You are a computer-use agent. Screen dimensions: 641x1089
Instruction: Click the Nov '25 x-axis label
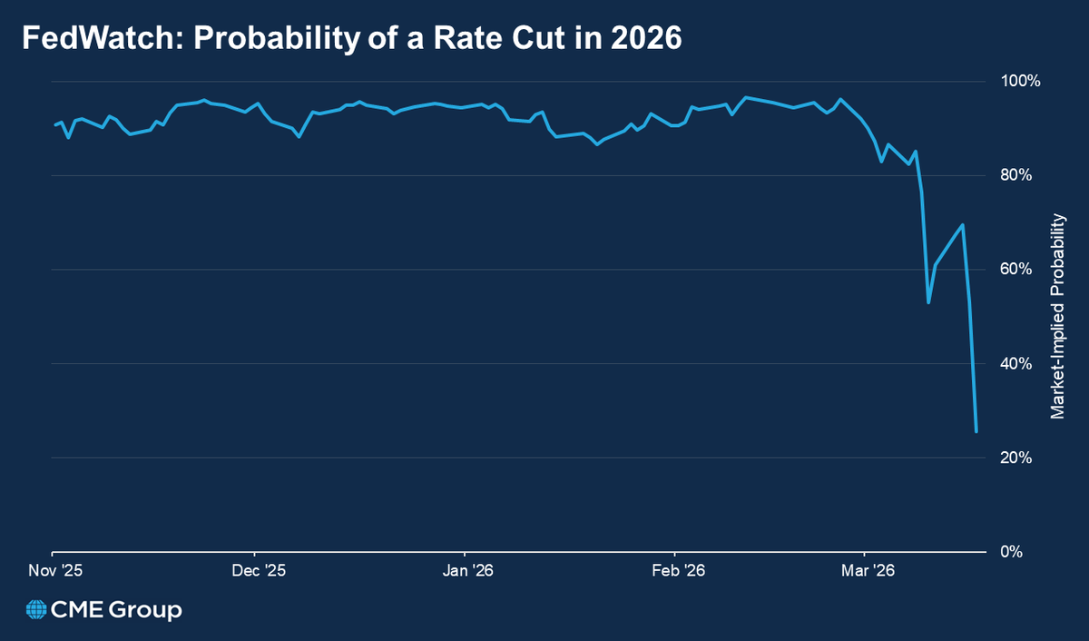(x=52, y=571)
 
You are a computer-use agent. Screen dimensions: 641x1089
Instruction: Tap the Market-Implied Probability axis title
(x=1057, y=316)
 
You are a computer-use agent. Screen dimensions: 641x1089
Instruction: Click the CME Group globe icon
(x=37, y=610)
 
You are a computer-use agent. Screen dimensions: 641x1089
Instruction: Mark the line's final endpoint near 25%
(x=976, y=431)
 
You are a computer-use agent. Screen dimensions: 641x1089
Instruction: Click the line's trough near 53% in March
(x=928, y=302)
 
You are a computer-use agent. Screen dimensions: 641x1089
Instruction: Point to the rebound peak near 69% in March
(x=963, y=225)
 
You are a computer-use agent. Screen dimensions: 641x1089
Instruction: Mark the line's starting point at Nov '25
(x=54, y=125)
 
